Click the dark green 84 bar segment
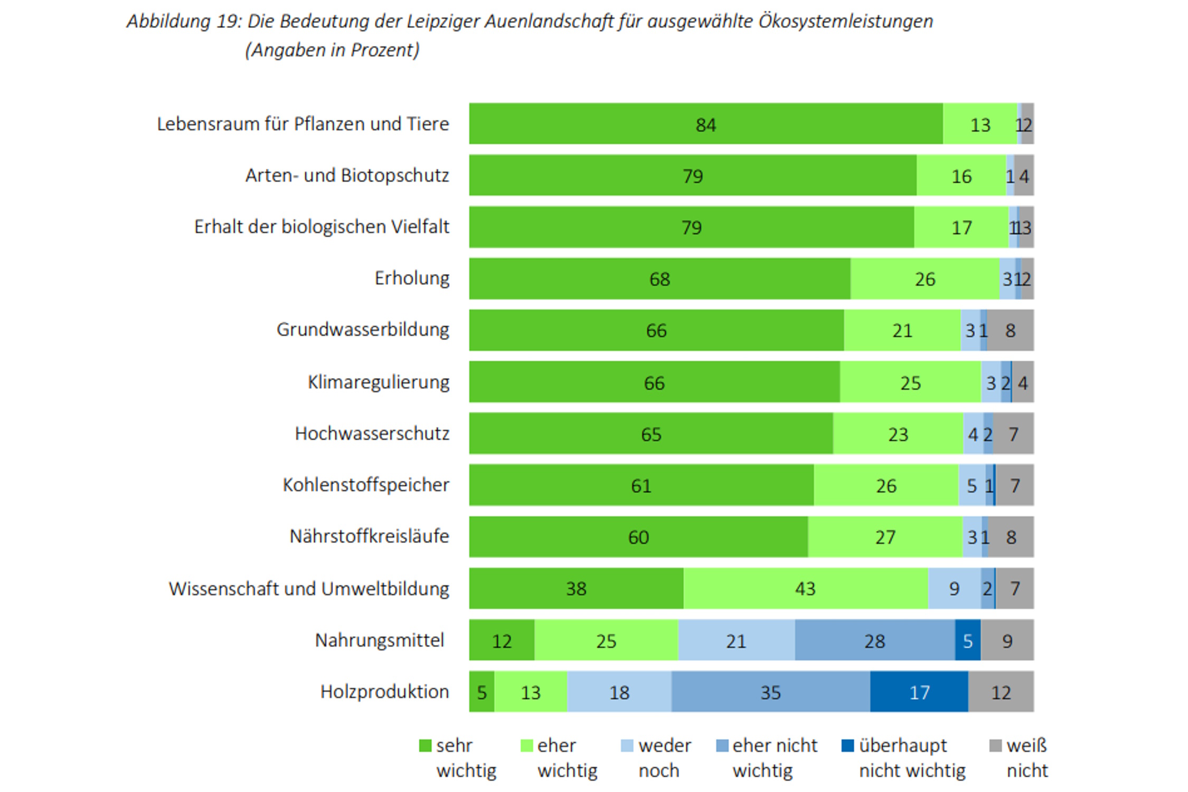705,124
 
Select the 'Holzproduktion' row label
384,692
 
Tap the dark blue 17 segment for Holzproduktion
919,692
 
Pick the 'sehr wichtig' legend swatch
425,746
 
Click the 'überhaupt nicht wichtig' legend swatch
847,746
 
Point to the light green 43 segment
805,588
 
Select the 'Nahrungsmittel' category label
379,640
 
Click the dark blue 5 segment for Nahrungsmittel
967,640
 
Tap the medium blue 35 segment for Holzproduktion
770,692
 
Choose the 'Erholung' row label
412,278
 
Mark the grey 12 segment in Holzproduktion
1001,692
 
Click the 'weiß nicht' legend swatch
995,746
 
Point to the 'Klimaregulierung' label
379,382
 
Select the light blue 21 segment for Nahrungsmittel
736,640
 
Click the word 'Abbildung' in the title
168,21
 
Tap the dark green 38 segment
576,588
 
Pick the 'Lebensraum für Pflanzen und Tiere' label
303,124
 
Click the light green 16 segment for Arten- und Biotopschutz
961,175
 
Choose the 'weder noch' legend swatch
627,746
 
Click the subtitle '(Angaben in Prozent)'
332,50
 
